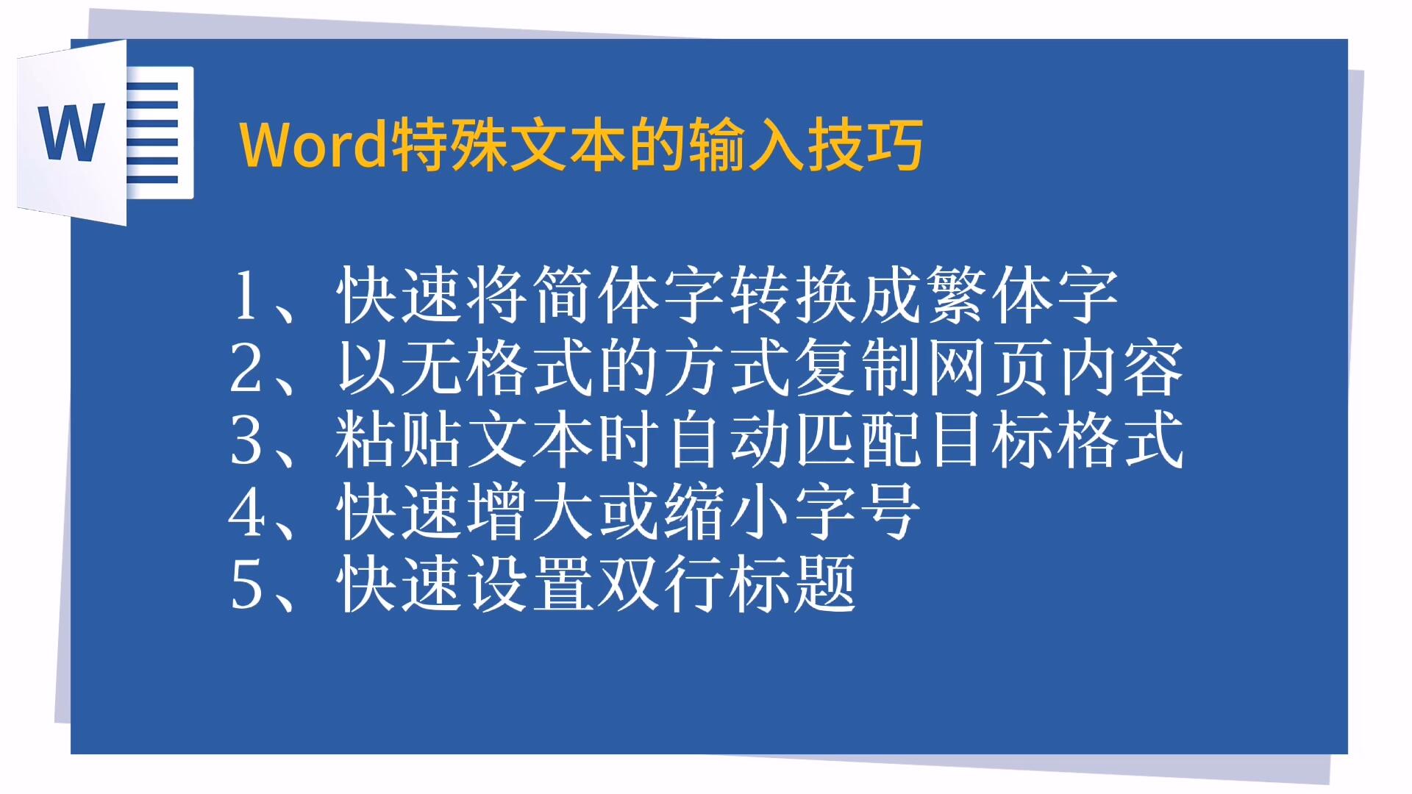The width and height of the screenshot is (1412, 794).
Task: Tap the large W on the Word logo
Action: [x=72, y=132]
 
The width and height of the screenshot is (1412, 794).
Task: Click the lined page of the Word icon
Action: [x=159, y=132]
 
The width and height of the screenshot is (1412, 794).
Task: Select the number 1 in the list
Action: [x=246, y=296]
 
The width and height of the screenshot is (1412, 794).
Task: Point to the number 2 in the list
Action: [x=246, y=368]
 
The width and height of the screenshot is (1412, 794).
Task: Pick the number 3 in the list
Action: [x=246, y=440]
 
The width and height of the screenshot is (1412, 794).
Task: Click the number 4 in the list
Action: [x=246, y=512]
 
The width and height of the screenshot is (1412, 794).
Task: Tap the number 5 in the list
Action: [x=246, y=584]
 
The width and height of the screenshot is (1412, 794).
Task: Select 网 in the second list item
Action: [x=957, y=367]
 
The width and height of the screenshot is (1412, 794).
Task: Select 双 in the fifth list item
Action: [x=629, y=584]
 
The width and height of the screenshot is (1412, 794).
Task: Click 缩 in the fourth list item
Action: [x=694, y=512]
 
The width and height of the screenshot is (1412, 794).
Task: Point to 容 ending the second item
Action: [x=1154, y=367]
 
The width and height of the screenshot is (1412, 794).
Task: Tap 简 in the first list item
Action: [x=563, y=295]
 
